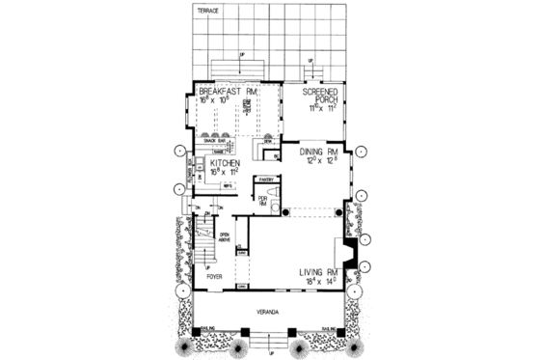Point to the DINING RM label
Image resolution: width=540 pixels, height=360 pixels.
(x=319, y=152)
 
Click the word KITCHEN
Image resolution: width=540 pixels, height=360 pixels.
(x=225, y=165)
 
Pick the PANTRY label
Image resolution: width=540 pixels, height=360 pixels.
(x=265, y=179)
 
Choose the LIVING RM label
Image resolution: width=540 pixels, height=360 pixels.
(x=322, y=273)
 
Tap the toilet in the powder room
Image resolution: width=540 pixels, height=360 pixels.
(x=274, y=204)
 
